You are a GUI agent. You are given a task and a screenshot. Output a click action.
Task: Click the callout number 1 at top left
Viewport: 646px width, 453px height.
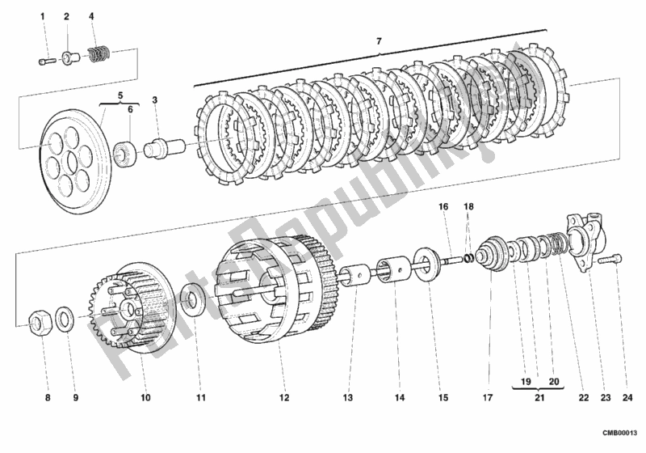(x=45, y=16)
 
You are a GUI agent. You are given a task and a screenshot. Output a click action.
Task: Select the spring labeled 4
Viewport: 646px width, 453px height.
(x=99, y=56)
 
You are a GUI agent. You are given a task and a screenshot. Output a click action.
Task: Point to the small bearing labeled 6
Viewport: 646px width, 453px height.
(x=126, y=152)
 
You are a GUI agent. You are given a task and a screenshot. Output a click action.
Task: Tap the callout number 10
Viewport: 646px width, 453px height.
(x=145, y=398)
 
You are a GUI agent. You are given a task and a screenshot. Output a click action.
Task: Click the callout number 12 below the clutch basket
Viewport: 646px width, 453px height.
(x=283, y=398)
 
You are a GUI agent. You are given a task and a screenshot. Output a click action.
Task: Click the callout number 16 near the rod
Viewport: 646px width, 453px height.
(x=443, y=208)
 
